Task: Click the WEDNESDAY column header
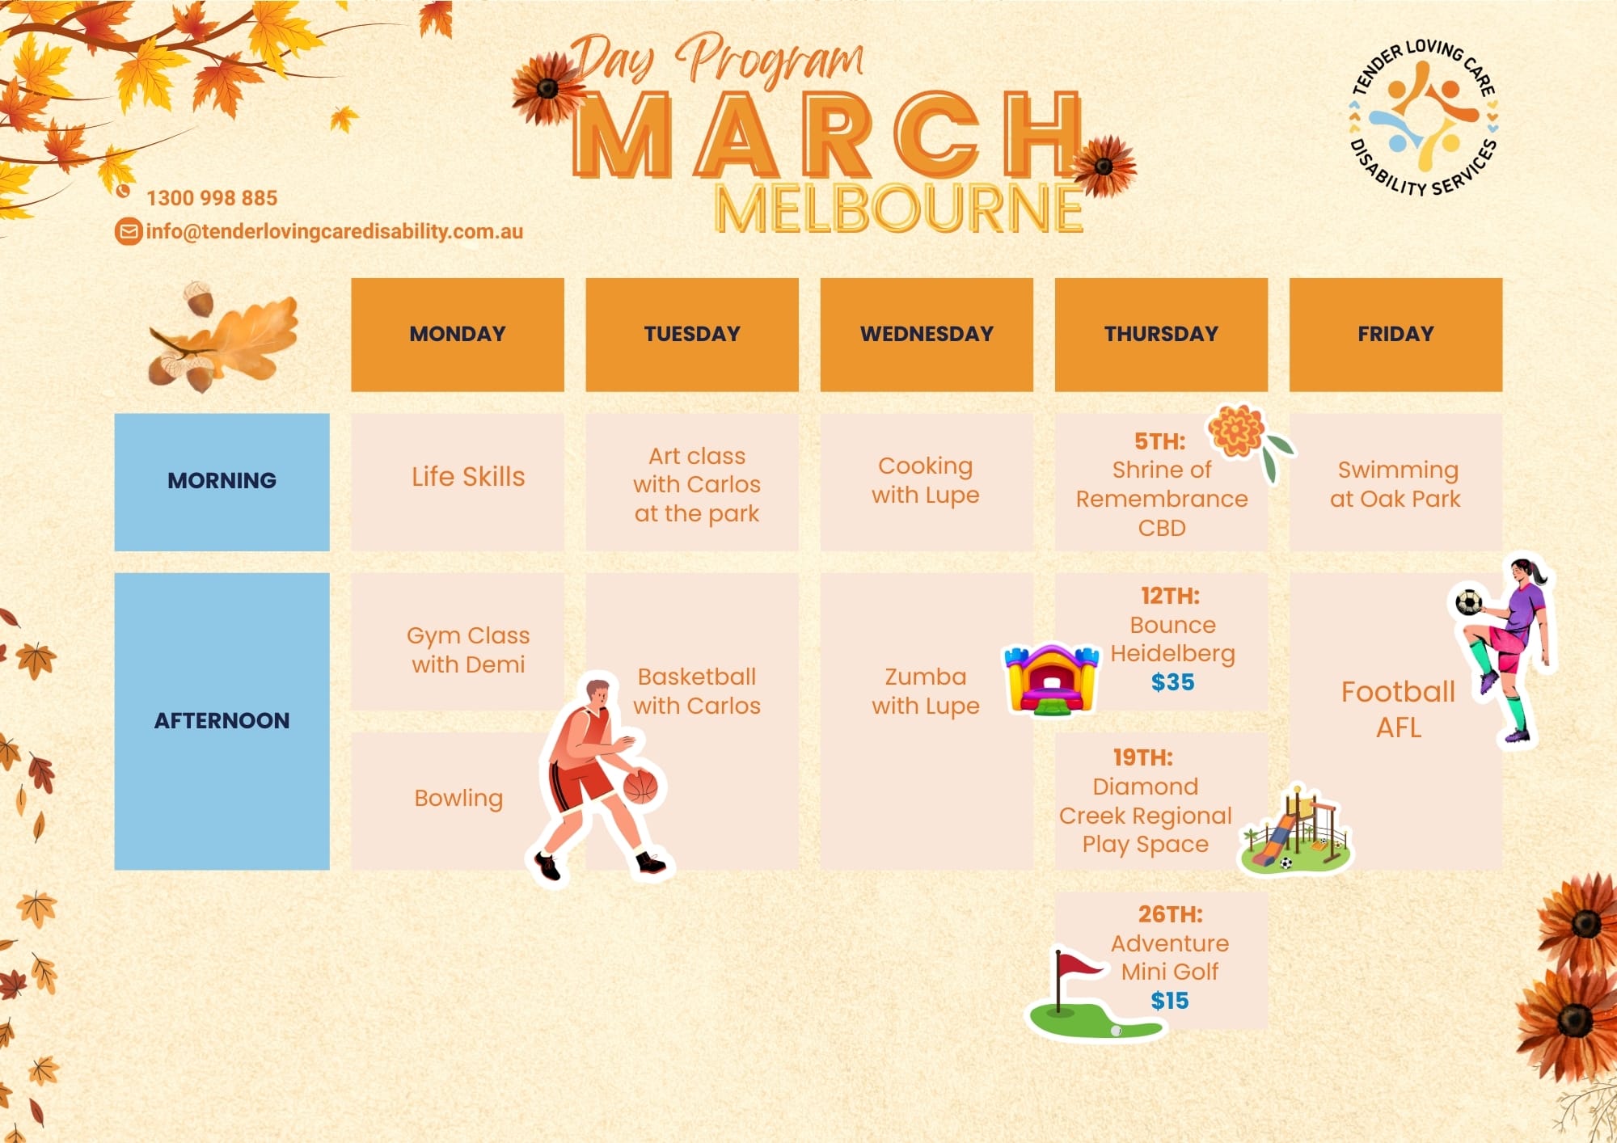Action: (927, 335)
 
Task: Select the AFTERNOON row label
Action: (222, 721)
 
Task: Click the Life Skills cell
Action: (458, 482)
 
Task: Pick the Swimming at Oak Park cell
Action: (1395, 482)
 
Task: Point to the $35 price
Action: (1172, 682)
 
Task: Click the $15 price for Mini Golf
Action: (1170, 1001)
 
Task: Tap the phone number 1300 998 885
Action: (212, 198)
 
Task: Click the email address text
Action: (335, 232)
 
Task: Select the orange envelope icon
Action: (128, 232)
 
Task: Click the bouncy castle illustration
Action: (1051, 679)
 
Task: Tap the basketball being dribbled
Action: (640, 786)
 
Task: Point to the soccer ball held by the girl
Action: (1468, 602)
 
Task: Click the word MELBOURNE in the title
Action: (899, 209)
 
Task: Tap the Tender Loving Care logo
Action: (1424, 118)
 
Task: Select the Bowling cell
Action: (458, 799)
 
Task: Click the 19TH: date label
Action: (1142, 757)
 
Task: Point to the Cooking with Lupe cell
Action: (927, 482)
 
